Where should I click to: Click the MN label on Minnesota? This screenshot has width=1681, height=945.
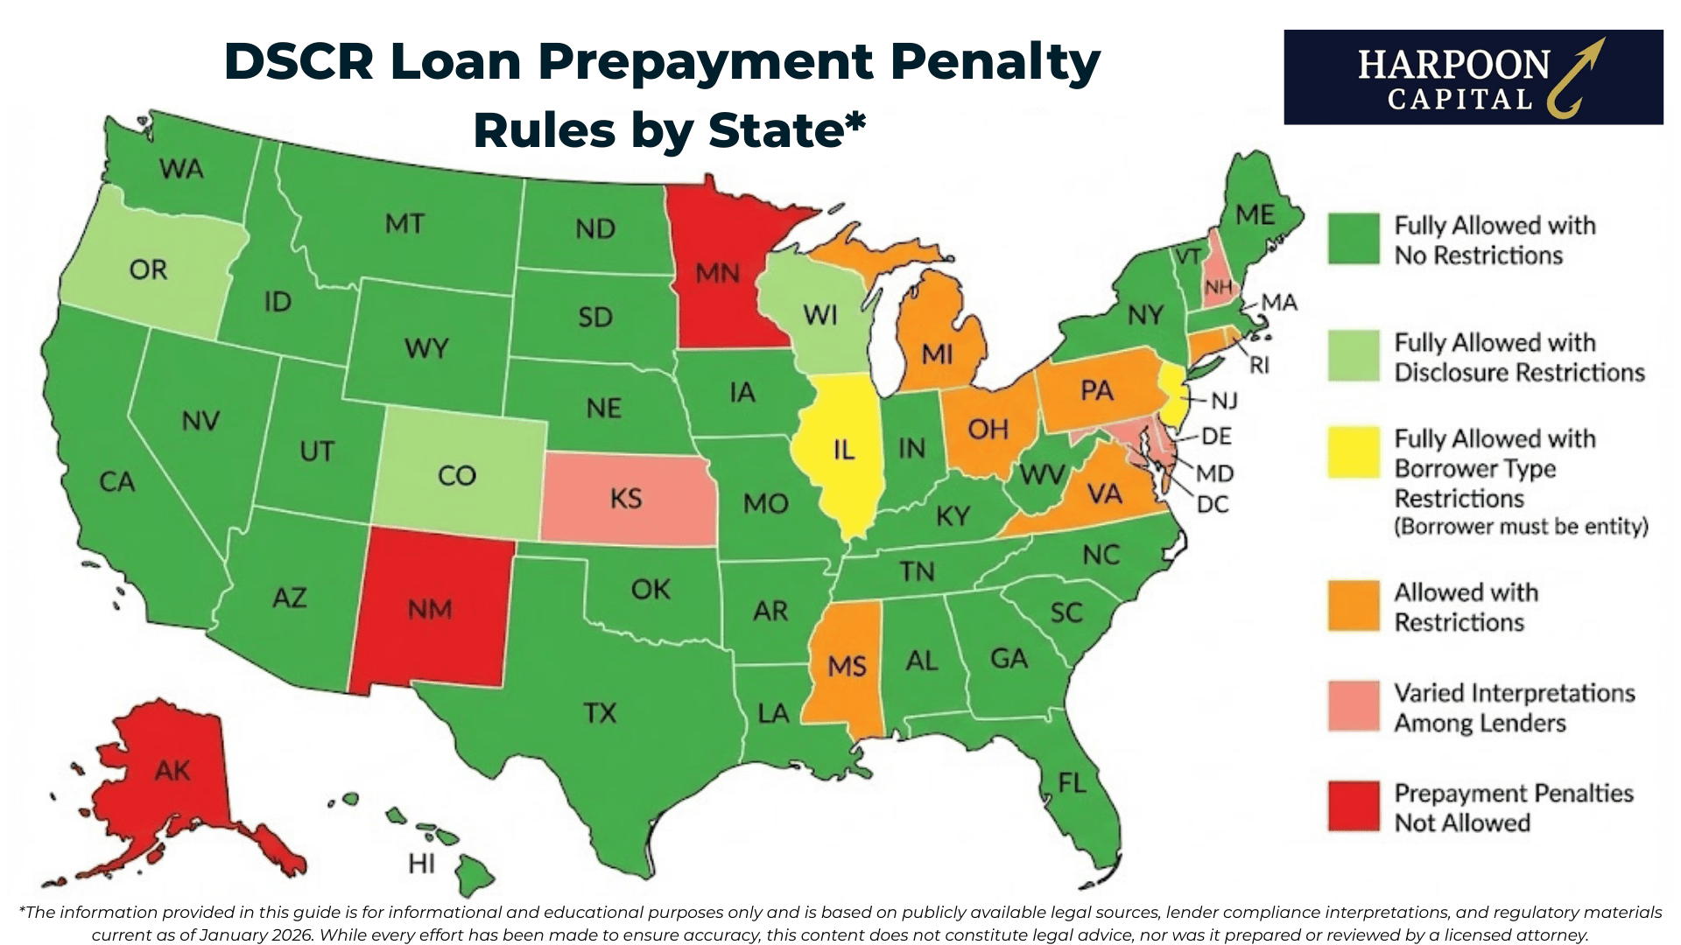tap(717, 274)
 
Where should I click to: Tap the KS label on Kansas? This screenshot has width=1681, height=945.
tap(626, 499)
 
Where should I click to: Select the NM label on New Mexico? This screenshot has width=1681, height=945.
tap(429, 609)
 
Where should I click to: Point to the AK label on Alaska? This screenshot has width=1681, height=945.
tap(172, 771)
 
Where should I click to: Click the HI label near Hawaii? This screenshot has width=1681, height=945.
tap(421, 864)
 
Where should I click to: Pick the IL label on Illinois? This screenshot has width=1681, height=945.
tap(843, 451)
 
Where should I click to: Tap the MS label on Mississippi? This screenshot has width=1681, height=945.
tap(847, 667)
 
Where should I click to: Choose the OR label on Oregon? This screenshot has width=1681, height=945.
tap(148, 269)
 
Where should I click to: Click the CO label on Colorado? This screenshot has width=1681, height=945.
tap(456, 476)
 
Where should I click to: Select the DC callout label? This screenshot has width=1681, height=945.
tap(1213, 504)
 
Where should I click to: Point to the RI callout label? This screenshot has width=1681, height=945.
tap(1259, 366)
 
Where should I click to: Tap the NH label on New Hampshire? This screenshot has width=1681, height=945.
tap(1218, 287)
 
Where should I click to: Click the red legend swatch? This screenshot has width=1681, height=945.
tap(1354, 807)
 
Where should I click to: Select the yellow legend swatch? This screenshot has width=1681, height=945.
tap(1354, 452)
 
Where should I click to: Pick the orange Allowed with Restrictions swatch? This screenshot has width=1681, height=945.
tap(1354, 606)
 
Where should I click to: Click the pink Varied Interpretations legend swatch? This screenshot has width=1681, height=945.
tap(1354, 706)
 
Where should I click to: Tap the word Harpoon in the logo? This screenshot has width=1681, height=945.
tap(1453, 66)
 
